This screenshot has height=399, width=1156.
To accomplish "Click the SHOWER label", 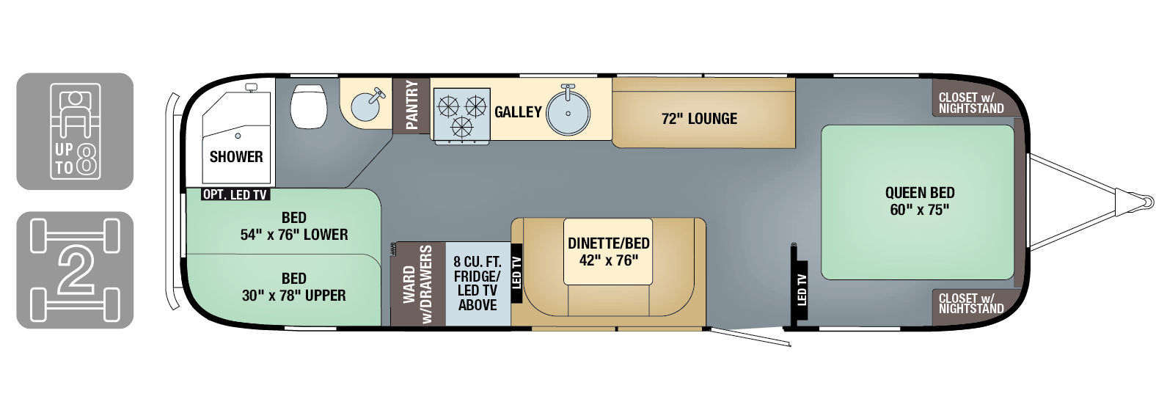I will tap(235, 157).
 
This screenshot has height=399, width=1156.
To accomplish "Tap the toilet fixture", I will tap(309, 106).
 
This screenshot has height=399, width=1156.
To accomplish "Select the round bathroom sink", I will tap(365, 107).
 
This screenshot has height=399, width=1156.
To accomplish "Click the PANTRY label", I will tap(411, 106).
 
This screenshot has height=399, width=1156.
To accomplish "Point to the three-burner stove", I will tap(461, 114).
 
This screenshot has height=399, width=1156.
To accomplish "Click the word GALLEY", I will tap(518, 112).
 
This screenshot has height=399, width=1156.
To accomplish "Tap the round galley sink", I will tap(568, 113).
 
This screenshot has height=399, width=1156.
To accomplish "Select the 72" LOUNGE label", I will tap(699, 119).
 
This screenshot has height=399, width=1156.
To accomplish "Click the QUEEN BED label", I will tap(920, 201).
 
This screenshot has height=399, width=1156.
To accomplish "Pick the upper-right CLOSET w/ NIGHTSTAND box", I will tap(971, 103).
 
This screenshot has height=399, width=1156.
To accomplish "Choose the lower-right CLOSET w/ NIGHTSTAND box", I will tap(971, 304).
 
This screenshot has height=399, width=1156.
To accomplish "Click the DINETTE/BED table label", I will tap(608, 252).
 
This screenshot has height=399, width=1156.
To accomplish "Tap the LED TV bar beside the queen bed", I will tap(801, 290).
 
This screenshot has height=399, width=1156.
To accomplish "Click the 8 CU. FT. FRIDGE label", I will tap(478, 283).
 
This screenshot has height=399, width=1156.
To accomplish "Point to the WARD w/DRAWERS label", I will tap(418, 284).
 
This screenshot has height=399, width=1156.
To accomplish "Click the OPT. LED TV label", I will tap(235, 195).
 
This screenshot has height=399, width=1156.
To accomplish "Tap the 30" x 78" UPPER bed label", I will tap(293, 288).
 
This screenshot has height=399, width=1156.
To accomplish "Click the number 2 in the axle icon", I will tap(75, 270).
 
